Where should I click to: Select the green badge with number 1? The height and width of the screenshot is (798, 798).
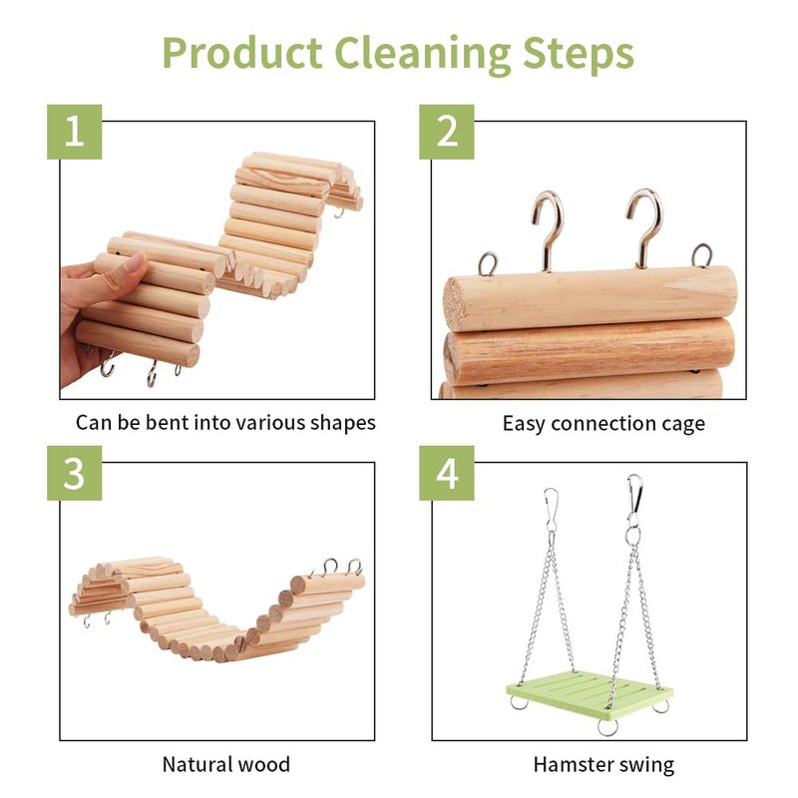click(74, 132)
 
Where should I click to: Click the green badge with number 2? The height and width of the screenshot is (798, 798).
click(446, 132)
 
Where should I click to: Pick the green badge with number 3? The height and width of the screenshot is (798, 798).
click(74, 473)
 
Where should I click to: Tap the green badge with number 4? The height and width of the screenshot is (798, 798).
click(446, 473)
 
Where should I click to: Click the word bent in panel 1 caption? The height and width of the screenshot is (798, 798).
click(162, 422)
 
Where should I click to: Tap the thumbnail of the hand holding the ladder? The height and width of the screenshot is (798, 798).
click(211, 268)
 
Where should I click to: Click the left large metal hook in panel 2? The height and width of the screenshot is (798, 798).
click(547, 229)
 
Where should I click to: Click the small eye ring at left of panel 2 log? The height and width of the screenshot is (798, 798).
click(488, 263)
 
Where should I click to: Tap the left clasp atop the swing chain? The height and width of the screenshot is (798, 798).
click(551, 509)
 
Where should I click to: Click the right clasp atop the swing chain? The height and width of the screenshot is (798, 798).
click(634, 496)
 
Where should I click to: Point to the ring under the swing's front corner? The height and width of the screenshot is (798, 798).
click(607, 727)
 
